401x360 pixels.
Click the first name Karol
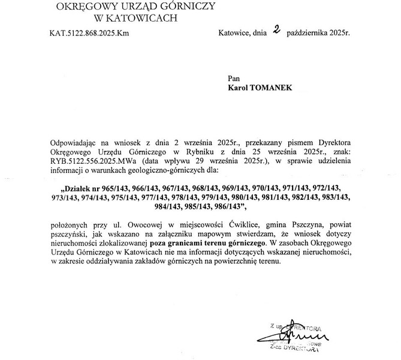[x=240, y=87]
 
